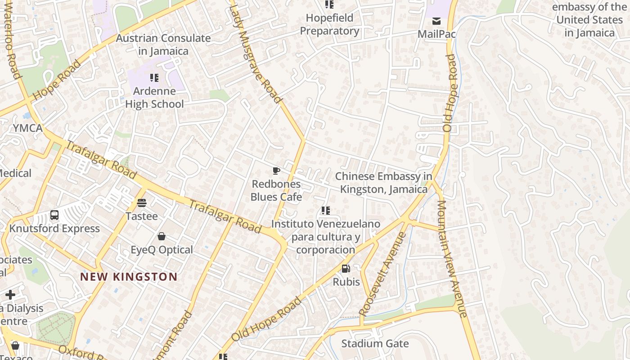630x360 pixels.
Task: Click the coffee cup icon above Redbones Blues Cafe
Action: coord(276,171)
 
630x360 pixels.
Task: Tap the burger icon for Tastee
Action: coord(142,202)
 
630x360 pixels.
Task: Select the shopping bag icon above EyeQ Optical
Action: coord(162,236)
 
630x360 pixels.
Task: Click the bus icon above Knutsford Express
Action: coord(54,215)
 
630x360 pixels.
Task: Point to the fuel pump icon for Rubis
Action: coord(346,269)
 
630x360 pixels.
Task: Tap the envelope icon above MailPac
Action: coord(436,21)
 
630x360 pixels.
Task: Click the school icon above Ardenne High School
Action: coord(154,78)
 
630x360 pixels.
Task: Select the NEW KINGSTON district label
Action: coord(129,277)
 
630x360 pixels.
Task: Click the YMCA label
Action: coord(27,128)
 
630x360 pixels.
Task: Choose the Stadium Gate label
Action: coord(375,344)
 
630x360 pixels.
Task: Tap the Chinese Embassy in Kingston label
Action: coord(383,183)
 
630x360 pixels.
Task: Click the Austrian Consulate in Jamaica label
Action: coord(163,45)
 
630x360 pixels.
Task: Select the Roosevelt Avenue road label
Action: coord(382,274)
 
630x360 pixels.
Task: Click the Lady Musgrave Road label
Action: coord(255,53)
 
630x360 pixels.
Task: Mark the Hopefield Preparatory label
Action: coord(329,24)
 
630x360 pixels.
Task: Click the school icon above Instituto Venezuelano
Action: coord(326,210)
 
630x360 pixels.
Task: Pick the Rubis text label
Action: coord(346,282)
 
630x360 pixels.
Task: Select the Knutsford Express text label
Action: coord(54,229)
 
